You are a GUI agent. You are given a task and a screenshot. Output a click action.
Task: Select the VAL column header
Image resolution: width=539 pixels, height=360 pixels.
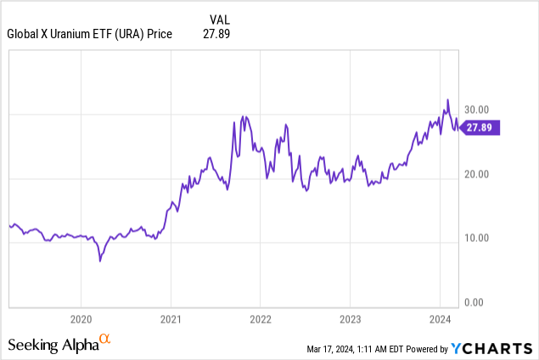point(219,18)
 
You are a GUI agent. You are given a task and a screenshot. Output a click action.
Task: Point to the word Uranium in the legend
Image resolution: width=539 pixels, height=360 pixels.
point(81,34)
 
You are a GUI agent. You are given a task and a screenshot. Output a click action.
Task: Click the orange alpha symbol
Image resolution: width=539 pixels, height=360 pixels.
point(105,340)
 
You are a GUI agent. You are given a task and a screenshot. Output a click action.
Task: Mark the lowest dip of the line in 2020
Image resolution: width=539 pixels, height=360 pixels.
point(100,261)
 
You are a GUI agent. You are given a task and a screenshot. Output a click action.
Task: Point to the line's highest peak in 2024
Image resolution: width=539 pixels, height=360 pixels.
point(447,100)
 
